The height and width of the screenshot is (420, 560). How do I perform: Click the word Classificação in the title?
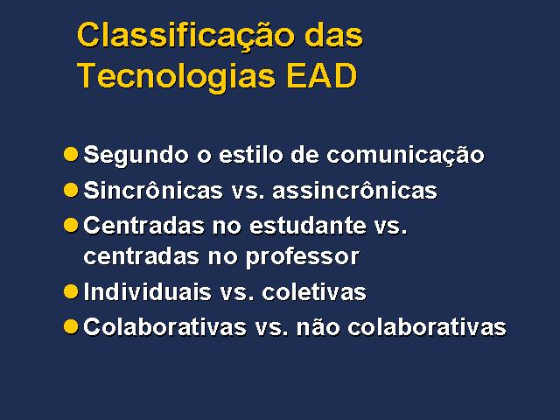(187, 37)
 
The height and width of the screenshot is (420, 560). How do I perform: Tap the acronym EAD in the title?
(322, 75)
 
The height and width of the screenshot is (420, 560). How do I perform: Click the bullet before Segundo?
(71, 154)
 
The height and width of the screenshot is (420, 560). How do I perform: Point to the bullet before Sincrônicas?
(71, 190)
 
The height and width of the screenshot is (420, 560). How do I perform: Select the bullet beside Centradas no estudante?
(71, 226)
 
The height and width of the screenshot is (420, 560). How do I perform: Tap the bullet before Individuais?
(71, 291)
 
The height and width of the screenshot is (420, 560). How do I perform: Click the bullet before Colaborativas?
(71, 326)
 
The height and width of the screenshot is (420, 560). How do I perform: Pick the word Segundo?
(136, 156)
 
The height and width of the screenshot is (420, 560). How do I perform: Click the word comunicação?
(405, 156)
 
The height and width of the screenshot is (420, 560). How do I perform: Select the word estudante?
(308, 226)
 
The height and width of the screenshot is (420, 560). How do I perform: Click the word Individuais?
(148, 291)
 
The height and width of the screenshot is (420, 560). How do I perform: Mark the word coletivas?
(314, 291)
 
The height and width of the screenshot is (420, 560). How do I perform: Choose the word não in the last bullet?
(318, 326)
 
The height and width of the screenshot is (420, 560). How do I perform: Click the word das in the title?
(334, 35)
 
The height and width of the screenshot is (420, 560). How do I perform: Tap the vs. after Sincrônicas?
(248, 192)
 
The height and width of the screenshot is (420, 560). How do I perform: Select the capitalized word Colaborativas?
(165, 326)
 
